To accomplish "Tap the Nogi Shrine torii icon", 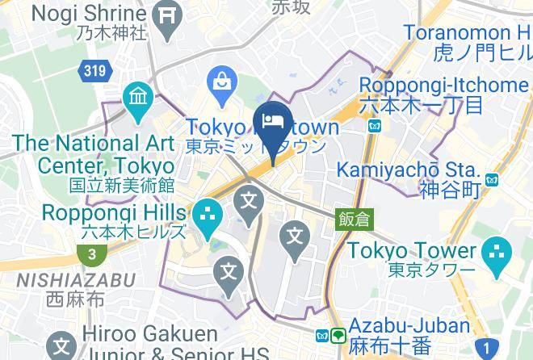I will pos(167,13).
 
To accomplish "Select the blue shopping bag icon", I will pos(220,81).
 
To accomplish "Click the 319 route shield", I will pos(94,71).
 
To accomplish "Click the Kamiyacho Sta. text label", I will pos(407,170).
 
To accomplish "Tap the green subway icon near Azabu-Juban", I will pos(338,335).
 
